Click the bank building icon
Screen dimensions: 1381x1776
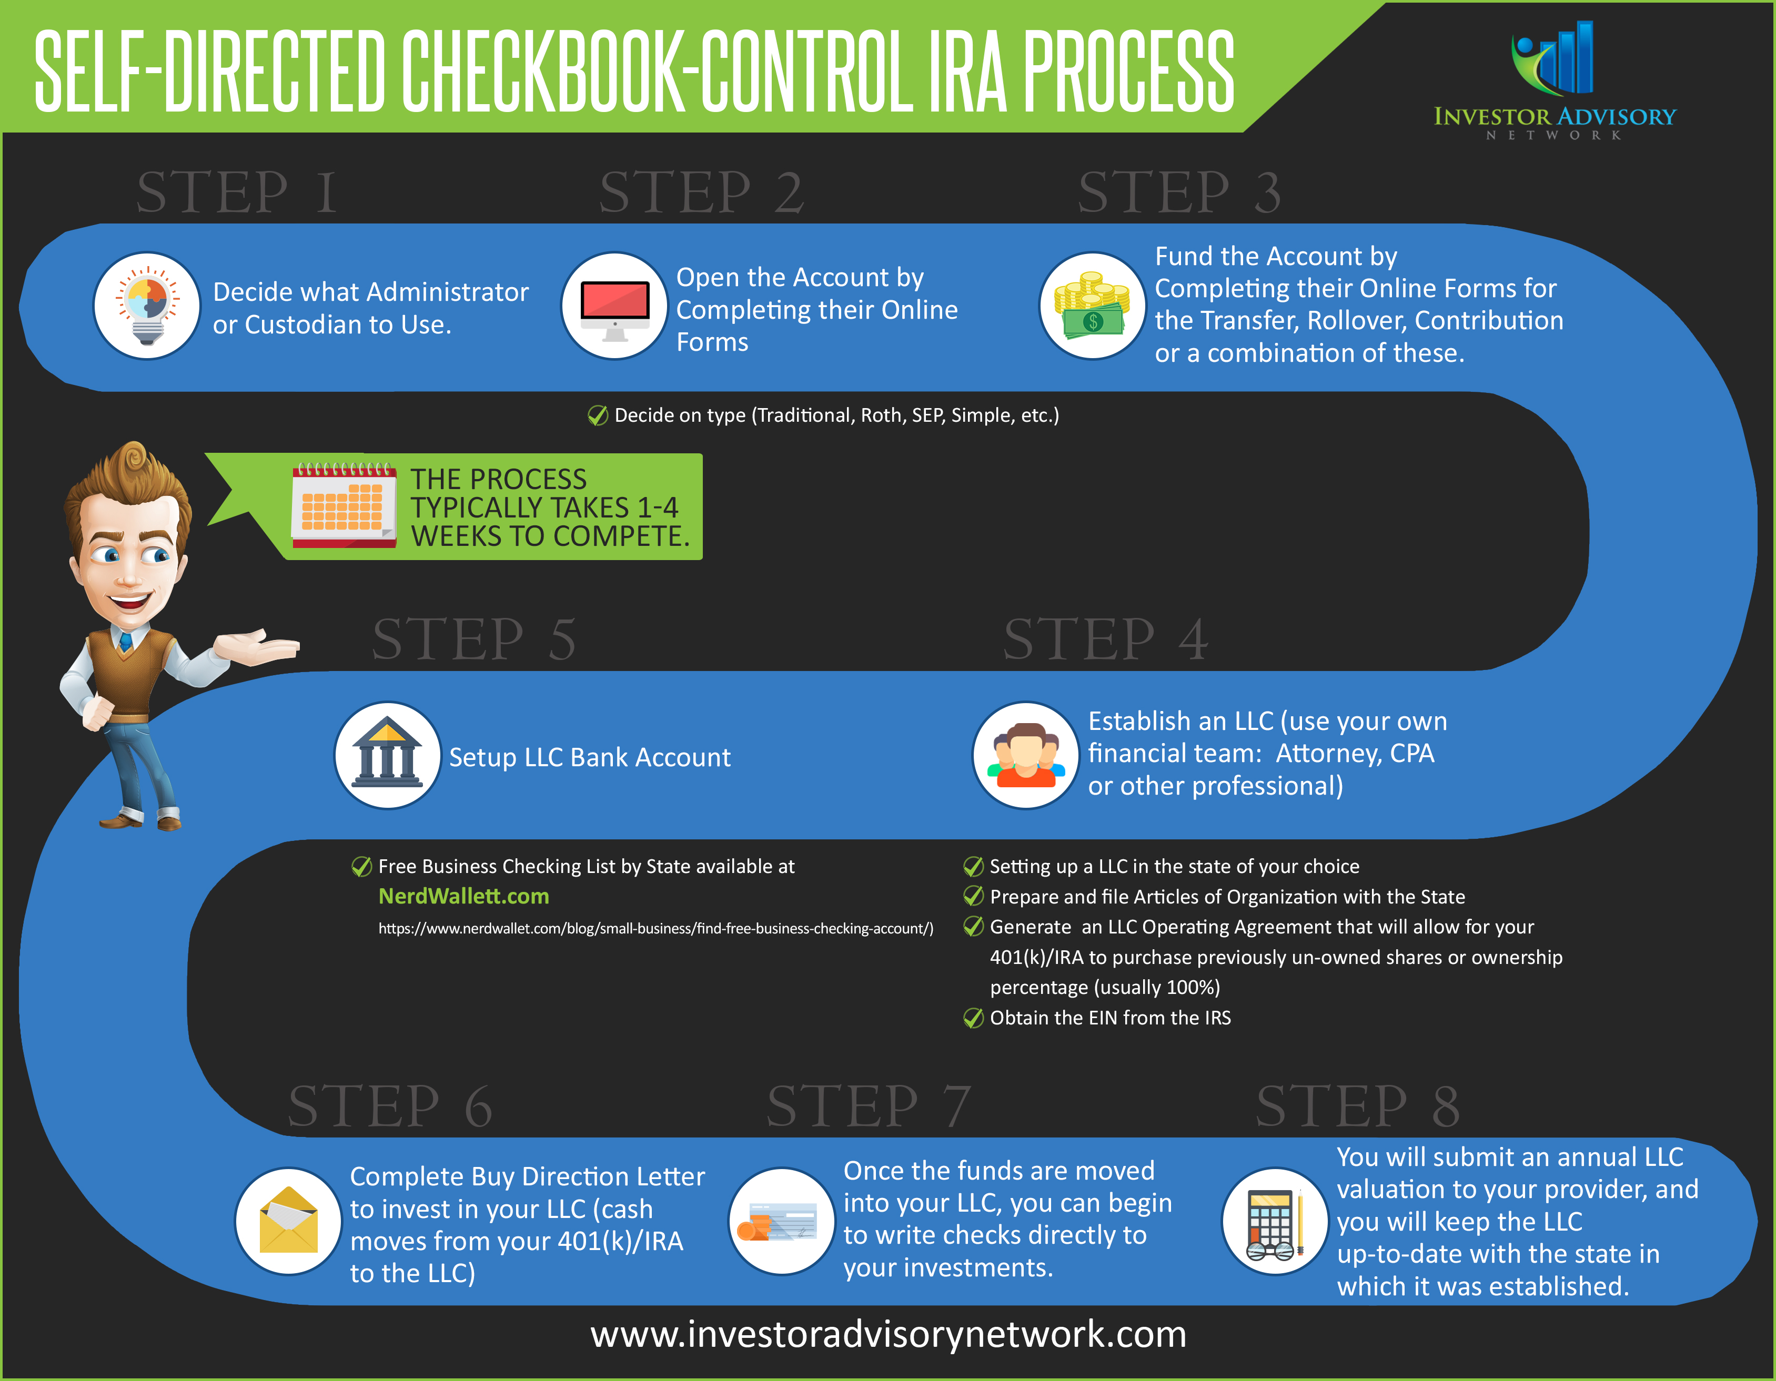(387, 755)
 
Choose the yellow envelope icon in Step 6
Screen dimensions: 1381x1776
(288, 1221)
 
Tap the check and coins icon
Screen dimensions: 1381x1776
(781, 1221)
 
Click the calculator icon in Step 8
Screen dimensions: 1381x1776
(1274, 1221)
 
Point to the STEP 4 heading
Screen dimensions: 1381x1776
(1105, 639)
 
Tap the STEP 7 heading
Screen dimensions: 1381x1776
(869, 1106)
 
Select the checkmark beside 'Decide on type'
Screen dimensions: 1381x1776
(598, 415)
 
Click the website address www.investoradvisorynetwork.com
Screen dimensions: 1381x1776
(888, 1335)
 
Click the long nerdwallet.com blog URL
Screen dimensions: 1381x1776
(655, 928)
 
